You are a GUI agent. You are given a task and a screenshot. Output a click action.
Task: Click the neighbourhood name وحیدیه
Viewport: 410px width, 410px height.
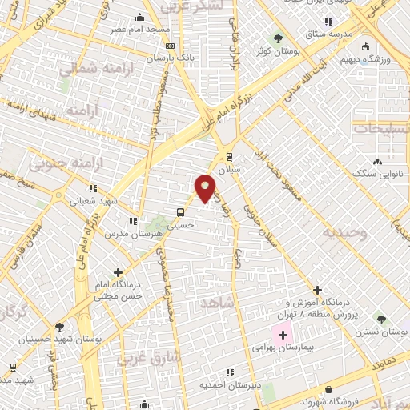(344, 232)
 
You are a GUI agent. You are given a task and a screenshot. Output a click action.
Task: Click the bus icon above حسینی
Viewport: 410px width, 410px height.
(182, 212)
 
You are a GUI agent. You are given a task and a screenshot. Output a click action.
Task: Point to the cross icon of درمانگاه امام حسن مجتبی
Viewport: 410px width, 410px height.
(118, 273)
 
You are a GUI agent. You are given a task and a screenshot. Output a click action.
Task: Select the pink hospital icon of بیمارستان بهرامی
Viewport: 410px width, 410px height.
(281, 334)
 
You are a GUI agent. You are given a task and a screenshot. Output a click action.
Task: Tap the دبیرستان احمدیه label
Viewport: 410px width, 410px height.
(230, 384)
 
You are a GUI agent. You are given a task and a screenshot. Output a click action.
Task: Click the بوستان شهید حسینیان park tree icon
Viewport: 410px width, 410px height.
(60, 327)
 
